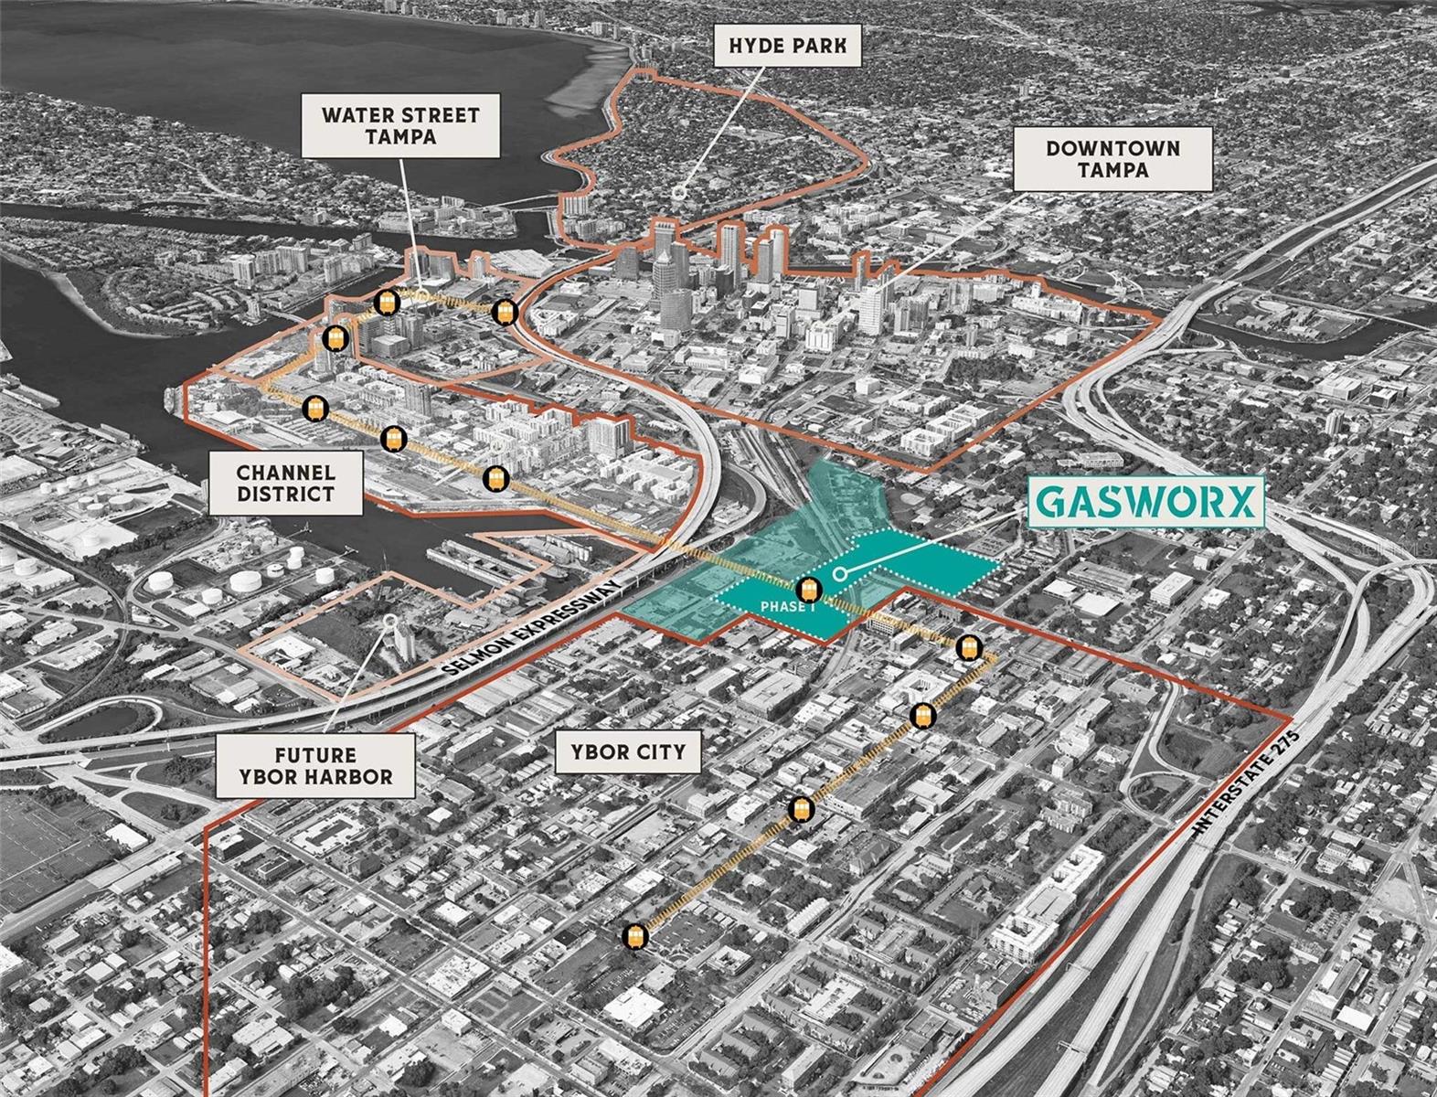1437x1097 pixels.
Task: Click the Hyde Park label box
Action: point(787,45)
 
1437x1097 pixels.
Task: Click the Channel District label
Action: point(285,484)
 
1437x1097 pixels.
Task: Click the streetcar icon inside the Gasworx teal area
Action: point(806,590)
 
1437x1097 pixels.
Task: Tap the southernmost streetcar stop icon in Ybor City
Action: point(636,937)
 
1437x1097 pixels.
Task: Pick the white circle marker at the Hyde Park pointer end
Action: point(679,194)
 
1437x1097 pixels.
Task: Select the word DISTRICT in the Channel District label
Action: point(285,495)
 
